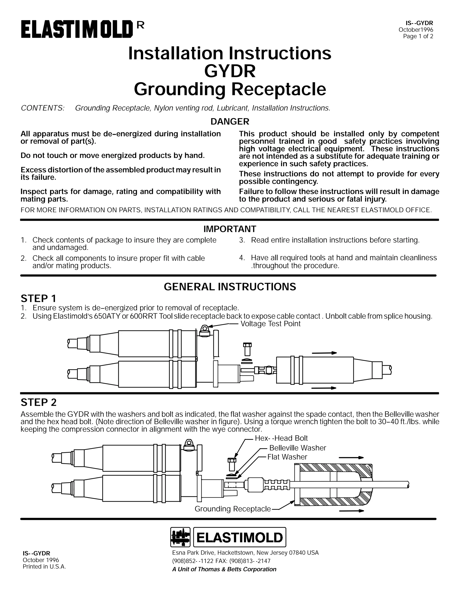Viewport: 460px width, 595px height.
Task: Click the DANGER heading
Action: click(230, 121)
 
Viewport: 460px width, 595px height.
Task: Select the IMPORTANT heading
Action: click(230, 229)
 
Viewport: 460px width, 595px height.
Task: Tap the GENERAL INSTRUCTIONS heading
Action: click(230, 287)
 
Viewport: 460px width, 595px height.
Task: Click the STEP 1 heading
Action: click(38, 299)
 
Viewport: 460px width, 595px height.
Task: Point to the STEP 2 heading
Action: click(38, 403)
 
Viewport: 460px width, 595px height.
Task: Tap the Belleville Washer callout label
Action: click(298, 448)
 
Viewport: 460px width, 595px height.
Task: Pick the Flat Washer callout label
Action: click(287, 457)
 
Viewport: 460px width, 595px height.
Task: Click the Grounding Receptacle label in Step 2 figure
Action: click(232, 509)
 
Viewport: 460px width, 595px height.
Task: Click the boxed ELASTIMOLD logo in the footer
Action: click(239, 538)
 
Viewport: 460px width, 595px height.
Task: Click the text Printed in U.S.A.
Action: click(44, 567)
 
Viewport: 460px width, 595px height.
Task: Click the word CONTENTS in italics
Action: click(42, 108)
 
